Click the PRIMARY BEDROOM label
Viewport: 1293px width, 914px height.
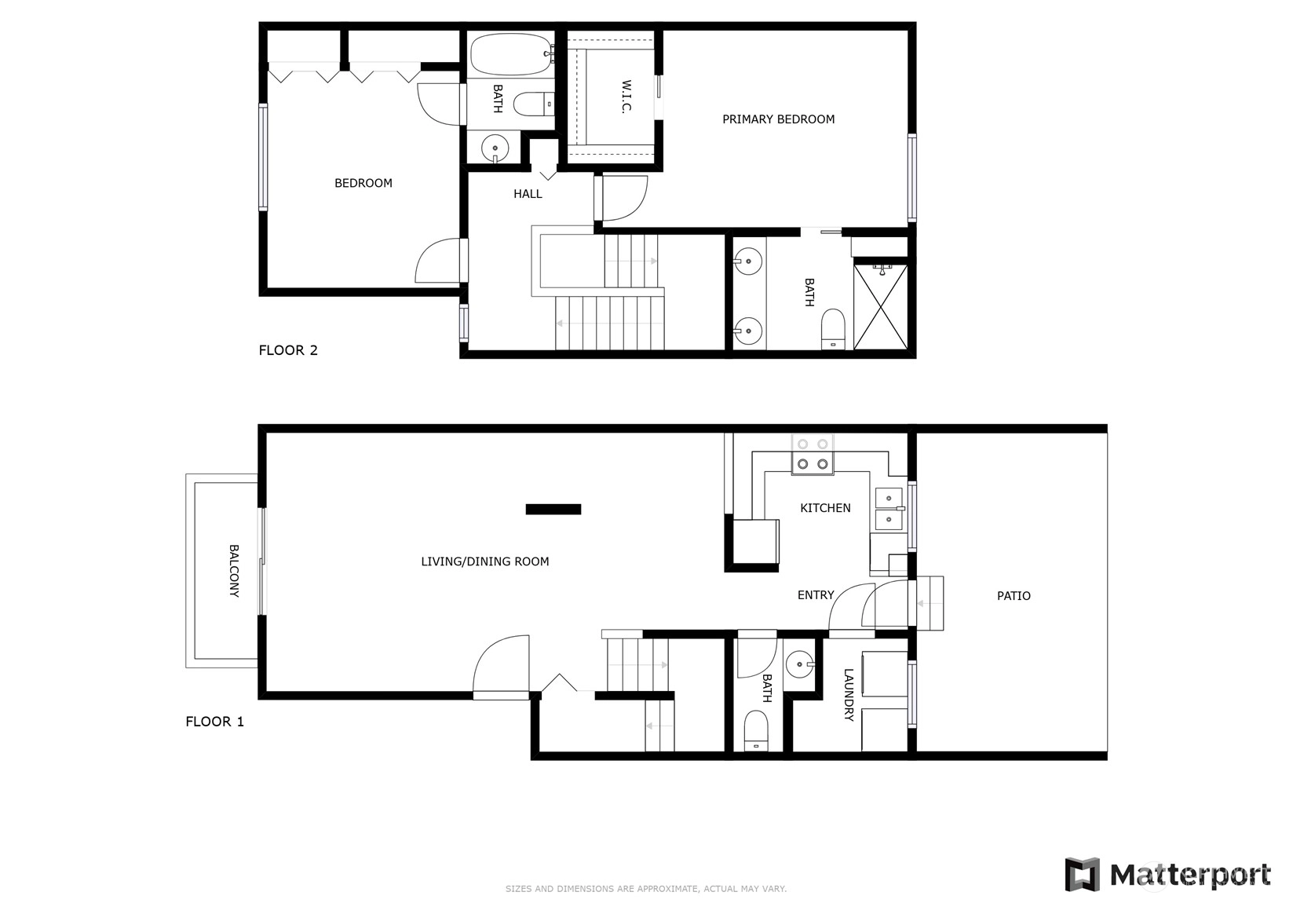click(778, 119)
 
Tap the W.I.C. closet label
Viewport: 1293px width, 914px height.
click(627, 97)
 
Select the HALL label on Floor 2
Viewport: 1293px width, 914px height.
click(528, 194)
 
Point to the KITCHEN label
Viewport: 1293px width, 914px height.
click(825, 508)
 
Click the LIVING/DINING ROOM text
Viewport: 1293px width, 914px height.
click(485, 561)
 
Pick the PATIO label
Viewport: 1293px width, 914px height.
click(1014, 596)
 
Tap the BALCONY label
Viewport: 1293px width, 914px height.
click(234, 570)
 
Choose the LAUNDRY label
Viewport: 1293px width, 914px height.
click(849, 695)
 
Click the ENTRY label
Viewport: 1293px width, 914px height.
click(816, 594)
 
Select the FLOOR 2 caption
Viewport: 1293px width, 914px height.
click(288, 350)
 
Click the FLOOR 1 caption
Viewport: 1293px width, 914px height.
click(215, 721)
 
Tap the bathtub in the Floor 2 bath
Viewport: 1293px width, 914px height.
click(510, 53)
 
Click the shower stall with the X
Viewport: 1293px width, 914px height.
click(880, 306)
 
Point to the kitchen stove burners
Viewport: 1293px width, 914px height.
click(813, 454)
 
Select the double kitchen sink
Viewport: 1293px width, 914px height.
click(889, 509)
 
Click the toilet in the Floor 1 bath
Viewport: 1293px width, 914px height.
click(756, 729)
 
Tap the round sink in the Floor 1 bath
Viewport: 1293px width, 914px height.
click(800, 664)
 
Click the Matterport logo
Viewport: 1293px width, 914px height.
click(1167, 874)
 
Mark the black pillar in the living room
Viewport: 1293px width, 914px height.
click(553, 510)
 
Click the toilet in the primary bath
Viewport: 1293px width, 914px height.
click(833, 329)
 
